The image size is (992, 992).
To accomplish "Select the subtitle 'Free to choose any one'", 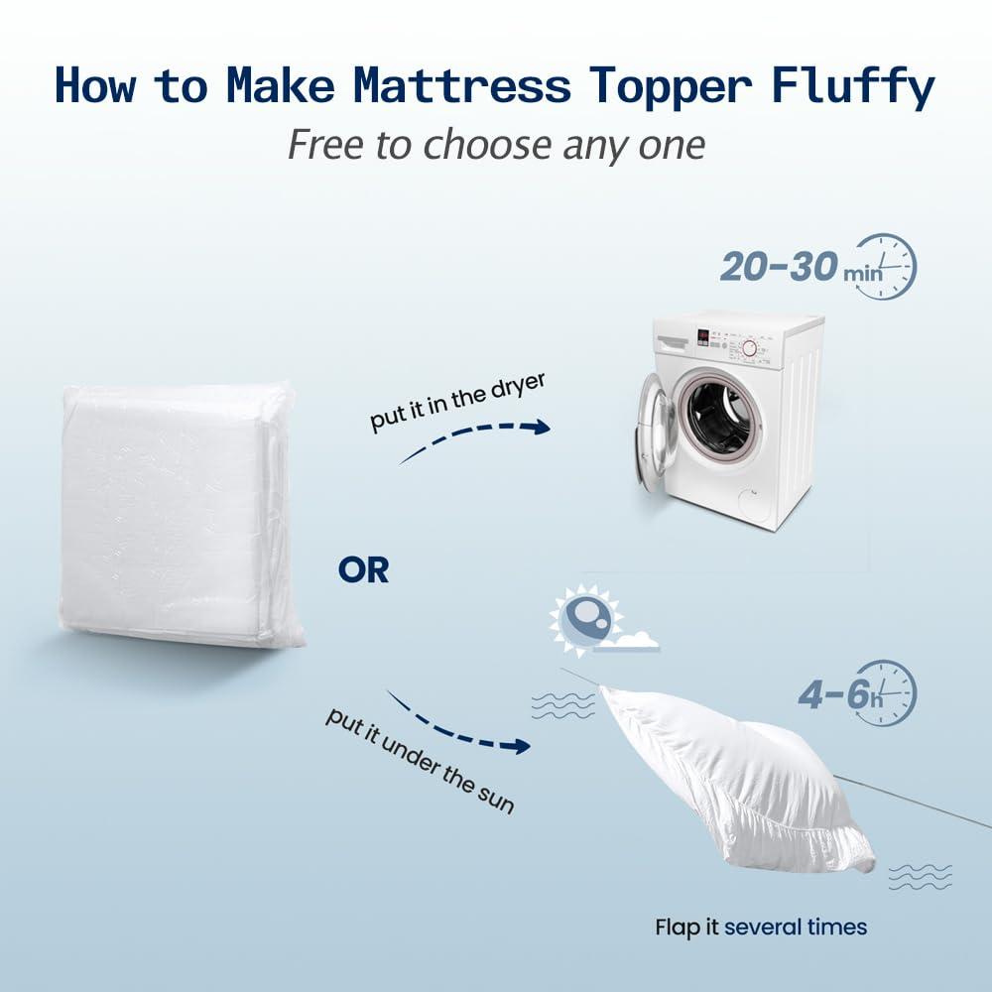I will click(496, 146).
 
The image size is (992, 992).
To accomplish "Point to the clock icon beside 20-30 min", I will click(885, 266).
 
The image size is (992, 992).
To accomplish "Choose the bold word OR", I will click(363, 571).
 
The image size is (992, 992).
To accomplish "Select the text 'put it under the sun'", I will click(420, 760).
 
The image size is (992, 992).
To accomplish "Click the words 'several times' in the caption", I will click(796, 928).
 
